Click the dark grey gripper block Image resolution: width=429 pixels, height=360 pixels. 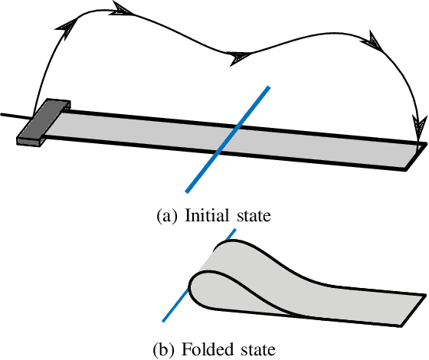(44, 123)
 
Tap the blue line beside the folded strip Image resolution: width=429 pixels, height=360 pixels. (175, 306)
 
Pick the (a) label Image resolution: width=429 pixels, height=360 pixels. (167, 216)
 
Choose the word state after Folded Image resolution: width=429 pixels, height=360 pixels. (254, 350)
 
